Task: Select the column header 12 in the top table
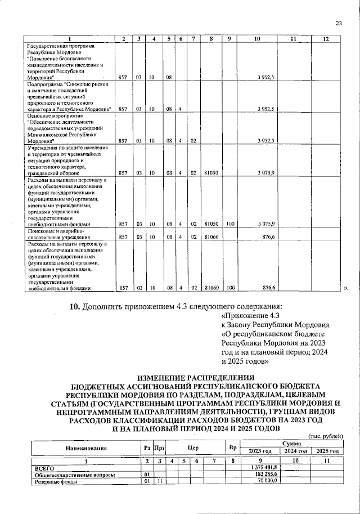click(x=325, y=38)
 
